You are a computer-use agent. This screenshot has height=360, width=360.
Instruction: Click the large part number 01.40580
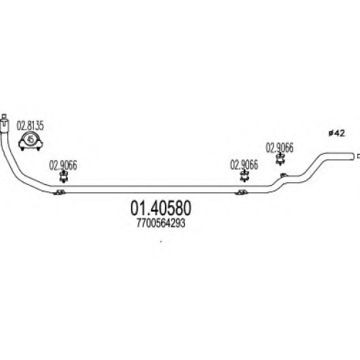coord(161,208)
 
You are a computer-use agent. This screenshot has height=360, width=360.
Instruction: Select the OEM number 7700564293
coord(161,223)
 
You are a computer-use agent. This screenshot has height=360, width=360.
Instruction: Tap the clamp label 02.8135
coord(30,126)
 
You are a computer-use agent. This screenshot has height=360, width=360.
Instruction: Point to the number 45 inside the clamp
coord(31,139)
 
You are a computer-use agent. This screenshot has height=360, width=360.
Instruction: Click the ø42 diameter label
coord(337,133)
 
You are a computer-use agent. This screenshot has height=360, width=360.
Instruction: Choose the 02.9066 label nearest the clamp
coord(63,166)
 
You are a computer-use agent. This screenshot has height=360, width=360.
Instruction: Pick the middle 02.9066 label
coord(244,165)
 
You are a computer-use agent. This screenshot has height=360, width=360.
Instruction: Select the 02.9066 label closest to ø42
coord(279,148)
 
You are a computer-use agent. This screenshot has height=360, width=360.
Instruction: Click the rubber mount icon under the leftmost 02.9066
coord(63,177)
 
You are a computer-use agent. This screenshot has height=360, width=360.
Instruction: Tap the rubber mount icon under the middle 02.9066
coord(244,176)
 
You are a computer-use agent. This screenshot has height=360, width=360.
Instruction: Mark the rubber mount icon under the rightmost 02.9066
coord(280,159)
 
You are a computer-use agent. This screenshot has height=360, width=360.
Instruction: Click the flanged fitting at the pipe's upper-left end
coord(4,123)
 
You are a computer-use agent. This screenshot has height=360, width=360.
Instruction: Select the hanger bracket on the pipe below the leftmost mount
coord(59,192)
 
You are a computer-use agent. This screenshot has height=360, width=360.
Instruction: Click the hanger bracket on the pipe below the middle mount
coord(241,192)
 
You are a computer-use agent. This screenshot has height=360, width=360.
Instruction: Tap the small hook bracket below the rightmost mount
coord(284,175)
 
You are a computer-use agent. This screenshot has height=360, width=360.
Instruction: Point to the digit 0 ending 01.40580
coord(186,208)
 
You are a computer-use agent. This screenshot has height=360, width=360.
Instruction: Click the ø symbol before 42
coord(330,134)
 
